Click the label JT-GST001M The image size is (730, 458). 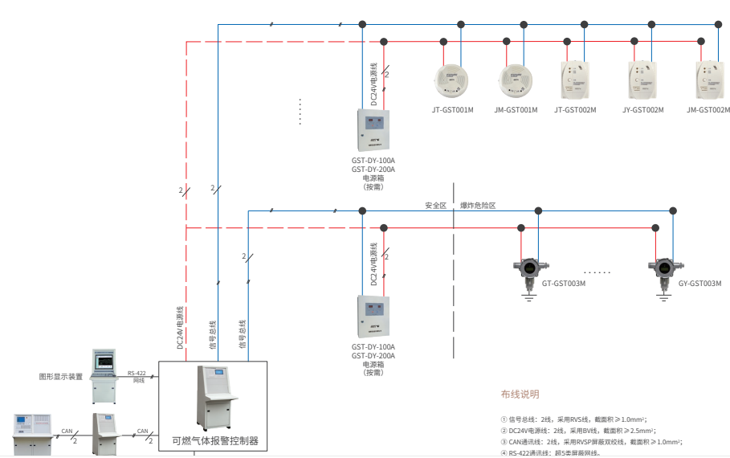click(452, 109)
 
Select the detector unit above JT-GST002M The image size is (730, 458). click(575, 80)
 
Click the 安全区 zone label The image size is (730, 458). click(435, 206)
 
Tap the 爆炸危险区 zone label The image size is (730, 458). click(478, 206)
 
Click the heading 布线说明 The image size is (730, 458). click(520, 394)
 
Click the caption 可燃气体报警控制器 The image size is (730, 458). click(214, 440)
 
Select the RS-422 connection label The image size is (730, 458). click(137, 373)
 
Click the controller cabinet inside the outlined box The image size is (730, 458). click(214, 396)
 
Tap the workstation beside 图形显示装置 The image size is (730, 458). click(104, 375)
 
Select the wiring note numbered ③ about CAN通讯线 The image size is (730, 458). click(590, 441)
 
